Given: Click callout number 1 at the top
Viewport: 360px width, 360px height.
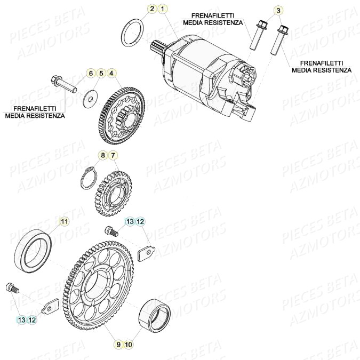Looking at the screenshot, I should [163, 9].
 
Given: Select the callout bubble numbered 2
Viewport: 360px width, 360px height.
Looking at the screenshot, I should [151, 9].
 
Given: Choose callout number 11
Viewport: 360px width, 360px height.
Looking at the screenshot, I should [63, 221].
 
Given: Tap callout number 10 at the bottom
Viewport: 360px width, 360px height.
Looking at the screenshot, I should [128, 345].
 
